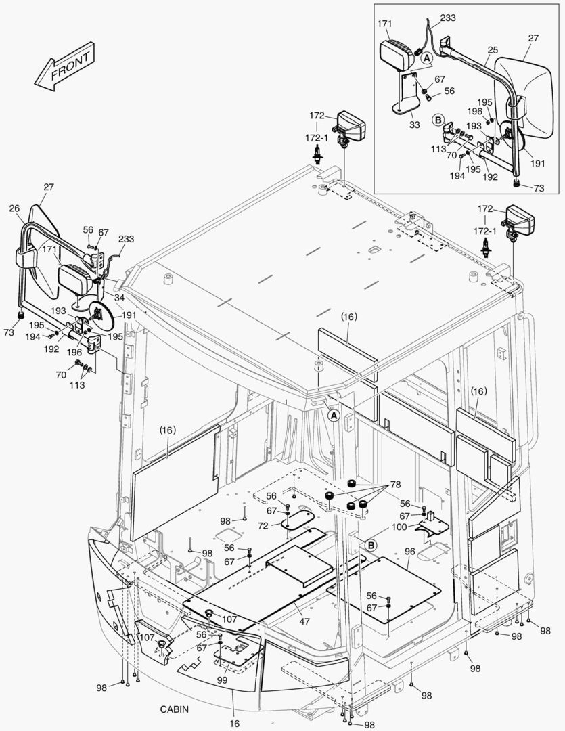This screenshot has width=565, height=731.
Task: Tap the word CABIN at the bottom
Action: click(x=174, y=709)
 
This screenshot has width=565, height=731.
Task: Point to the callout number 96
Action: click(x=409, y=552)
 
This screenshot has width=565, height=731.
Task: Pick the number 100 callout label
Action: click(x=399, y=526)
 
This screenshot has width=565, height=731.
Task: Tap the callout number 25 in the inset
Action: click(x=492, y=51)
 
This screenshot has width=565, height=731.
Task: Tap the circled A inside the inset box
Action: click(x=426, y=60)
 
